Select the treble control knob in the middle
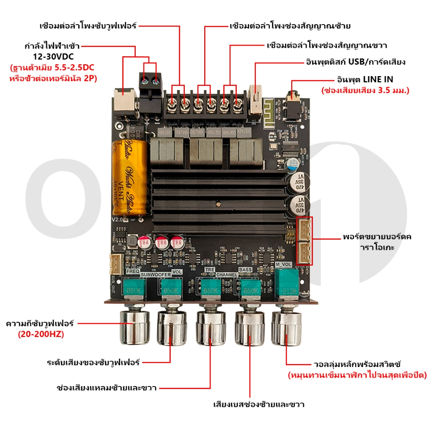pos(210,328)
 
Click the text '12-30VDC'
pos(53,57)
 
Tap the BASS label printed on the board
pos(245,269)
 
